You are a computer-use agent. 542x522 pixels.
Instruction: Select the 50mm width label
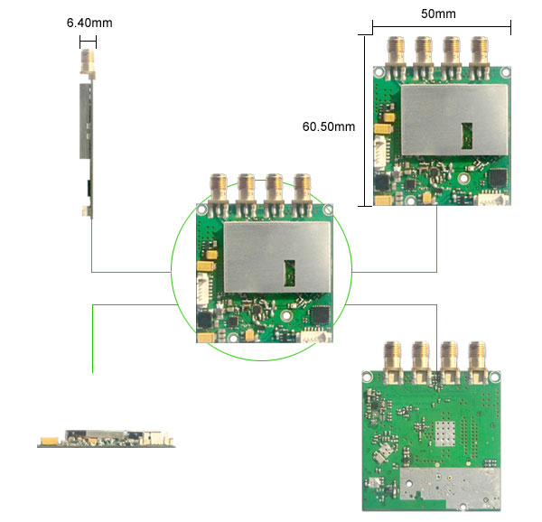439,14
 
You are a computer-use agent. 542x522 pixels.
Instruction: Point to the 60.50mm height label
328,126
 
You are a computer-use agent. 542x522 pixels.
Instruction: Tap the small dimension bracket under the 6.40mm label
88,42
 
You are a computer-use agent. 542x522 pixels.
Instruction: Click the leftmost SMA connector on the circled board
220,191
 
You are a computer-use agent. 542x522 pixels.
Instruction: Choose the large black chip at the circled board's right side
321,314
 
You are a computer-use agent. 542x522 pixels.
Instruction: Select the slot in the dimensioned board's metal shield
467,135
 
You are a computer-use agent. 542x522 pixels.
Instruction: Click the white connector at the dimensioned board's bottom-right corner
492,199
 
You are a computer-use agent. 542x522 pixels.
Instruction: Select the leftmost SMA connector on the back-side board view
393,356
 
